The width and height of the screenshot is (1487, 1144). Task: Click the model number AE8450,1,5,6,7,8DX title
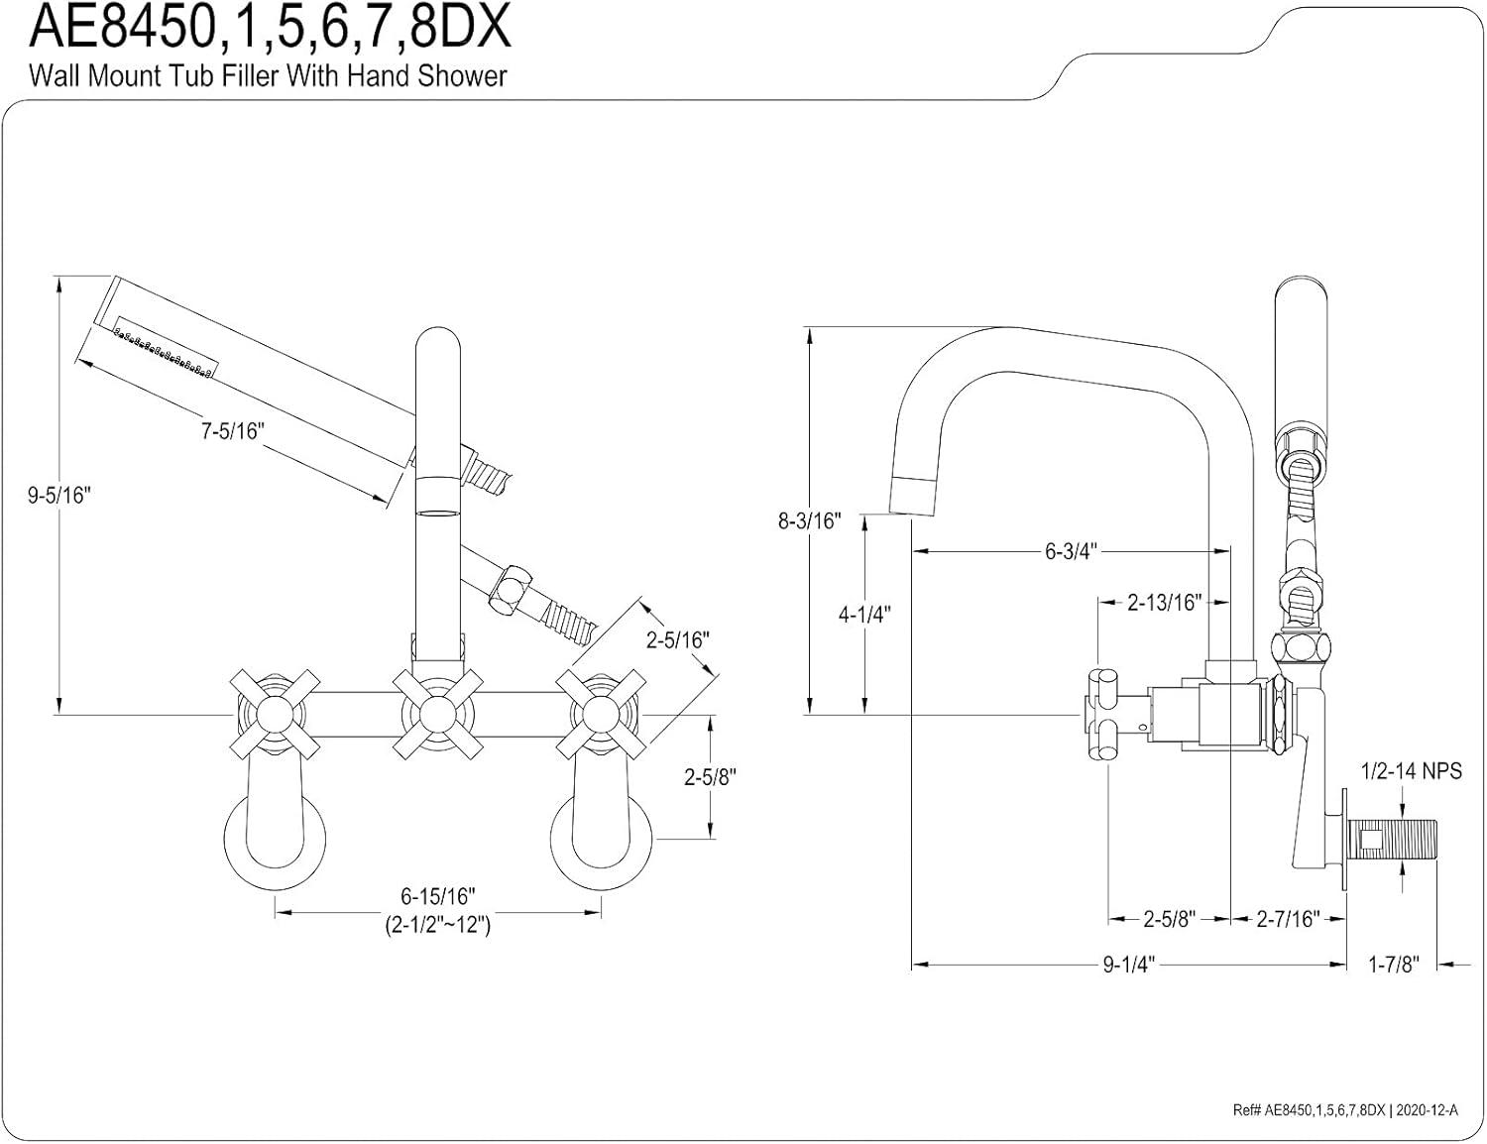coord(271,28)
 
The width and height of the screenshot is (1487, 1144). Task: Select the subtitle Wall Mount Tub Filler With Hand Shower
coord(268,76)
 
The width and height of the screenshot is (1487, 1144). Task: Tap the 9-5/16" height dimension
coord(58,496)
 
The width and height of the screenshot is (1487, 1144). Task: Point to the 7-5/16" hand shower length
coord(233,431)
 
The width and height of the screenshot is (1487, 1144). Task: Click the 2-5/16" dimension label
coord(678,640)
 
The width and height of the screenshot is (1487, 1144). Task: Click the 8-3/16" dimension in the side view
coord(809,520)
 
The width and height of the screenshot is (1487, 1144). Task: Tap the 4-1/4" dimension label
coord(864,614)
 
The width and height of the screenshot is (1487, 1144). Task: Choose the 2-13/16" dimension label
coord(1164,602)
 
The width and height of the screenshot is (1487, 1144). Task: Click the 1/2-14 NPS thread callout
coord(1412,770)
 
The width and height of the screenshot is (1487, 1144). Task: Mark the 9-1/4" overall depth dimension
coord(1129,965)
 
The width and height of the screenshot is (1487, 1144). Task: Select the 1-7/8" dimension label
coord(1394,965)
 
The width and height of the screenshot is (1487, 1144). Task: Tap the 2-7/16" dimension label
coord(1288,919)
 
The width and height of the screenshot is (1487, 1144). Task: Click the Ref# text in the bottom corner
coord(1345,1111)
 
